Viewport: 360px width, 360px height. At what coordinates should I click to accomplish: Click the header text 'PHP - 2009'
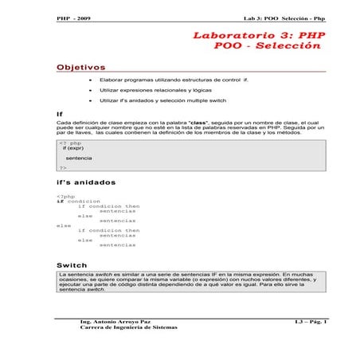pos(74,18)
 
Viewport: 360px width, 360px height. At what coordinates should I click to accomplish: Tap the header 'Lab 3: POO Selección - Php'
pos(284,18)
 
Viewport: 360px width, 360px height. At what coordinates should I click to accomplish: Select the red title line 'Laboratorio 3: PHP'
pos(260,36)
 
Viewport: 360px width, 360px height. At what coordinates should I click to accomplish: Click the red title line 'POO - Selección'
pos(268,46)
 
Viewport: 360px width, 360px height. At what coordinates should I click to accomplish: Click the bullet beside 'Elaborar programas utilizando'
pos(92,81)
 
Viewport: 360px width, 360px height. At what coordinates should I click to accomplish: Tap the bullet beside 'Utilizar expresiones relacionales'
pos(92,92)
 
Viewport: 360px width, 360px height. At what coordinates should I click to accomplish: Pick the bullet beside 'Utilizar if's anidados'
pos(92,102)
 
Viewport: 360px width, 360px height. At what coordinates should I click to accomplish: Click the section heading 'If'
pos(60,115)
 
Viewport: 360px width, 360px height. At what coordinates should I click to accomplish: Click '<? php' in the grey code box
pos(71,143)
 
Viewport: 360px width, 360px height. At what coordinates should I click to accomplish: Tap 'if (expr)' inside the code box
pos(74,149)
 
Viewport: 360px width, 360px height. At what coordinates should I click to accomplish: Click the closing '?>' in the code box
pos(63,168)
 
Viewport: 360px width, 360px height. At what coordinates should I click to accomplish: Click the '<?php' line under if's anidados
pos(66,196)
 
